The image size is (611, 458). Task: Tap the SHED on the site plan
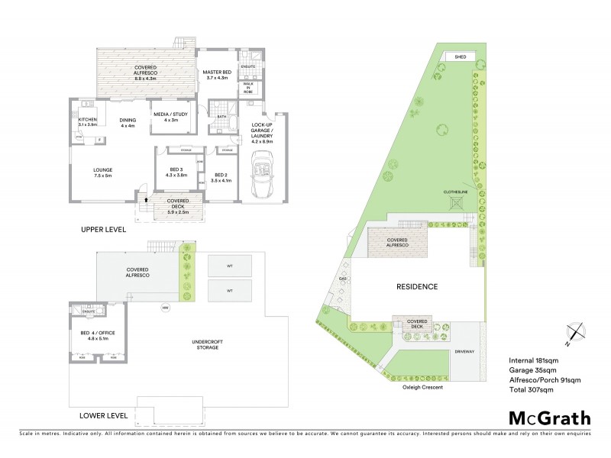pyautogui.click(x=460, y=56)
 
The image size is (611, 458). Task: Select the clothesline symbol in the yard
pyautogui.click(x=456, y=202)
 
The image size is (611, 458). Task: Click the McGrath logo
pyautogui.click(x=549, y=418)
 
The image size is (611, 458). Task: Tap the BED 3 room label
pyautogui.click(x=176, y=172)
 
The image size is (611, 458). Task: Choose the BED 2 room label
pyautogui.click(x=222, y=177)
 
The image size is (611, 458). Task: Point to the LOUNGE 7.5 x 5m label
pyautogui.click(x=102, y=173)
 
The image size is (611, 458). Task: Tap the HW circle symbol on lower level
pyautogui.click(x=164, y=308)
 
